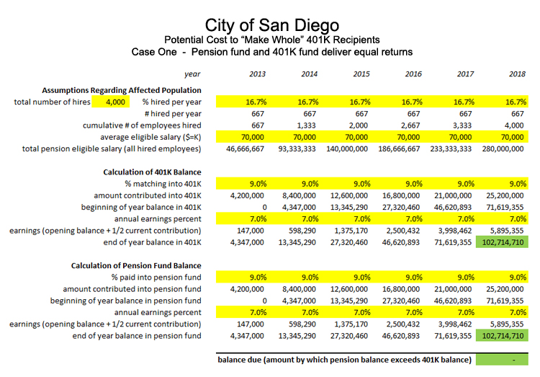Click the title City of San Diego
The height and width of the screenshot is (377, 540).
(x=272, y=25)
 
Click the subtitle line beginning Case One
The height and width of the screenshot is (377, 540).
(x=272, y=52)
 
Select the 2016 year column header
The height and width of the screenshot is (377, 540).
(x=413, y=74)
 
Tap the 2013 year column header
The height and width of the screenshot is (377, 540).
(x=257, y=74)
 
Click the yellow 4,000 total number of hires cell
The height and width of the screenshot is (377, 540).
(x=111, y=102)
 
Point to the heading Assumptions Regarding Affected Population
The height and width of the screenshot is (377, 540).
(x=122, y=90)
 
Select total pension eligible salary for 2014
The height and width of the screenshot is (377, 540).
(x=297, y=149)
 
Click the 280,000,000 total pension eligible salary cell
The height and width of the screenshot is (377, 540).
(x=503, y=149)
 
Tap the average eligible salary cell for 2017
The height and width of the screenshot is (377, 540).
(x=460, y=137)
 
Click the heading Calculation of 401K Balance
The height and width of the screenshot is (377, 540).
(x=152, y=172)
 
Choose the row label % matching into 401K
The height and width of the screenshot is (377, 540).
(x=163, y=184)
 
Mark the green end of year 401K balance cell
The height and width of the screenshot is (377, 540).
(x=502, y=242)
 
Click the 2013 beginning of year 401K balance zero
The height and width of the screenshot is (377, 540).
(x=264, y=208)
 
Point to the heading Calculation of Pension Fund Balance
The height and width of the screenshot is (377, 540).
(x=136, y=265)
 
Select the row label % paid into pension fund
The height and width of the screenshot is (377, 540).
(x=156, y=278)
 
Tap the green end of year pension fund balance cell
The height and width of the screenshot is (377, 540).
(x=502, y=336)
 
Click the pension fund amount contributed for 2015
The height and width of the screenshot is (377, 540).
(x=349, y=289)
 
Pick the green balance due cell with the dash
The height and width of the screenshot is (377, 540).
(x=502, y=360)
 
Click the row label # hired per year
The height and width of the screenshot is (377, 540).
(x=173, y=114)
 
